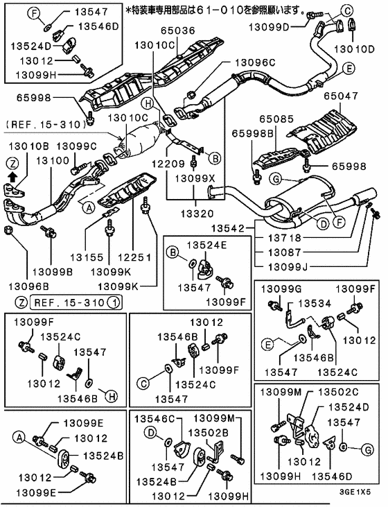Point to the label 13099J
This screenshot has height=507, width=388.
(279, 266)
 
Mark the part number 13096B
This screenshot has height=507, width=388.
(28, 285)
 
